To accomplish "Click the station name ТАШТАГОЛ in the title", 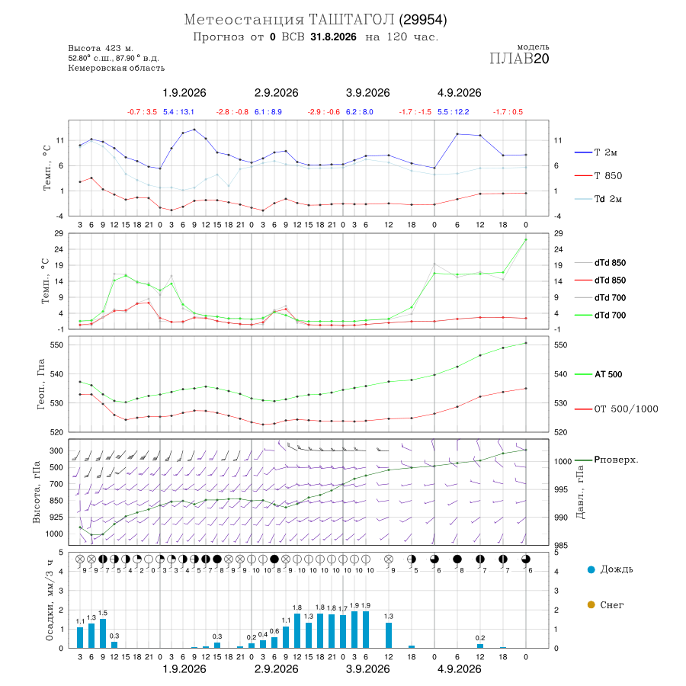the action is click(352, 20).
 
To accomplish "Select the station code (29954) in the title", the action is click(423, 20).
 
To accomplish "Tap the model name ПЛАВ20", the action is click(519, 59).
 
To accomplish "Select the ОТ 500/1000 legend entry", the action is click(616, 409).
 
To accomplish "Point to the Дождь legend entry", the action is click(611, 569).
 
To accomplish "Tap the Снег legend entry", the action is click(605, 604).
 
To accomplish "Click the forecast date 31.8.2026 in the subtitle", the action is click(333, 37).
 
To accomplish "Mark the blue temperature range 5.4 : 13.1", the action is click(178, 112).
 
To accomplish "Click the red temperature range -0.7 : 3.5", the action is click(142, 112).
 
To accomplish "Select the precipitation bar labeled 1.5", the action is click(103, 633).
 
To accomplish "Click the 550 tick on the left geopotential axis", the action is click(57, 345).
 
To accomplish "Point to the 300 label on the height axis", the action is click(56, 450).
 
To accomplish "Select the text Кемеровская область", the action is click(117, 68).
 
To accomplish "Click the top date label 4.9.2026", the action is click(460, 93).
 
